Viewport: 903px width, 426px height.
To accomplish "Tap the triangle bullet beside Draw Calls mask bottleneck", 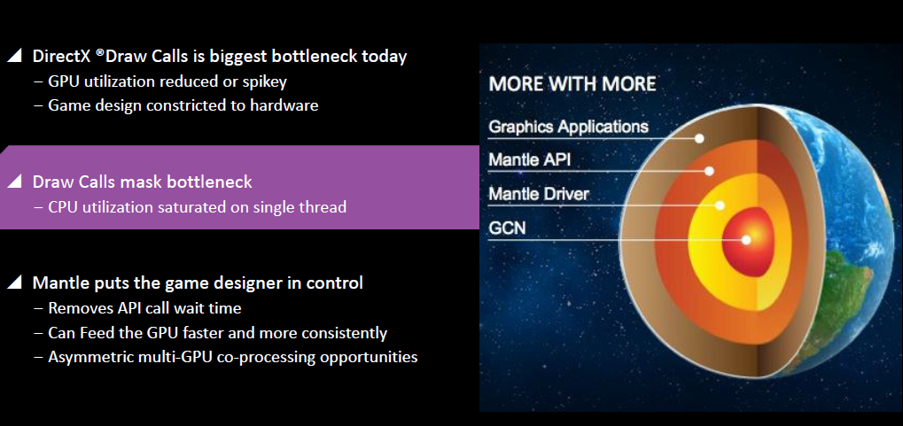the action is point(14,182).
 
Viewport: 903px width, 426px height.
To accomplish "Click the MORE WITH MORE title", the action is point(572,84).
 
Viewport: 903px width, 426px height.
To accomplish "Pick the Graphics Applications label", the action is point(568,127).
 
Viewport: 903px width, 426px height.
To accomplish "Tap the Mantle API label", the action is point(530,159).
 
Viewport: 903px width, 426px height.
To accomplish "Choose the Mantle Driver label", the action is point(539,193).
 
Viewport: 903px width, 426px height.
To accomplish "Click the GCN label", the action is point(508,228).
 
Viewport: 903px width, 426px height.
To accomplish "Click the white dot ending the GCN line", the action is point(746,240).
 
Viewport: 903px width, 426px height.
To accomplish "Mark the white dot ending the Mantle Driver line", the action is point(720,205).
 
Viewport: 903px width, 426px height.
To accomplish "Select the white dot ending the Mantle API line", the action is point(709,171).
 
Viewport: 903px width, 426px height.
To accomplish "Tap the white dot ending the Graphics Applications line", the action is point(699,138).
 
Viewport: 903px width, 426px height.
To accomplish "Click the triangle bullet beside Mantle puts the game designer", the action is point(14,282).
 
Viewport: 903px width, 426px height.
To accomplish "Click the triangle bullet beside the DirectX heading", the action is point(14,55).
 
